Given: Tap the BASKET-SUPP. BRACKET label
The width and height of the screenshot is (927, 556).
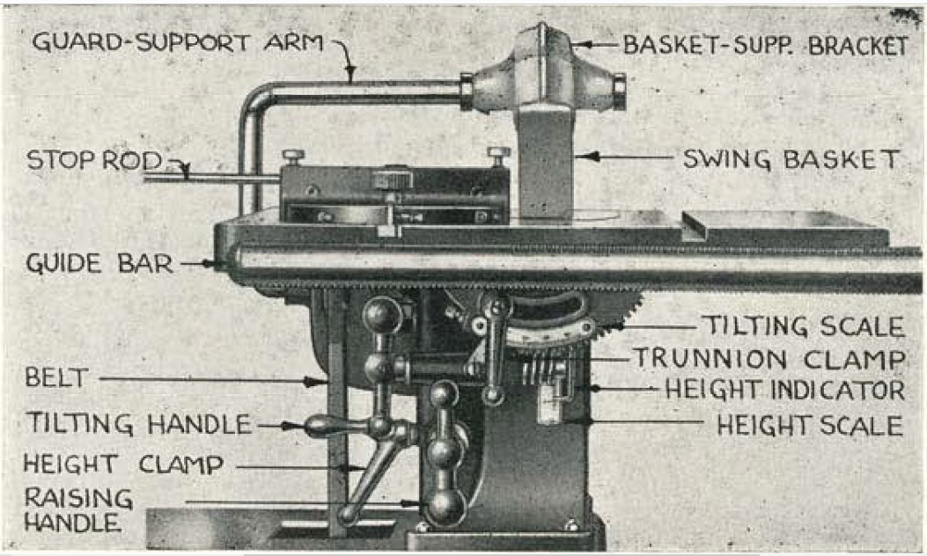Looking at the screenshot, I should coord(765,46).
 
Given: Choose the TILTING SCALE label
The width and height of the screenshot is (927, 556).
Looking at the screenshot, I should coord(802,327).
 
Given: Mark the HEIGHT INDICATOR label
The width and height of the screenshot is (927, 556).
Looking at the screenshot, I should coord(784,390).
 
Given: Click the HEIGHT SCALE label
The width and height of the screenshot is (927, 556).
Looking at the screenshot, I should coord(809,426).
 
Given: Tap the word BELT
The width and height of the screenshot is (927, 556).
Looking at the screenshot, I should coord(56,379).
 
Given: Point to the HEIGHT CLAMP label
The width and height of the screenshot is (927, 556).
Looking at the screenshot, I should coord(122,464).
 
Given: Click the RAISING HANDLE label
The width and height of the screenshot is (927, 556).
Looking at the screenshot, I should coord(77,509).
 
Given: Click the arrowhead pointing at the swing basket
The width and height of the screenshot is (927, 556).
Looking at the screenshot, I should coord(585,157).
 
